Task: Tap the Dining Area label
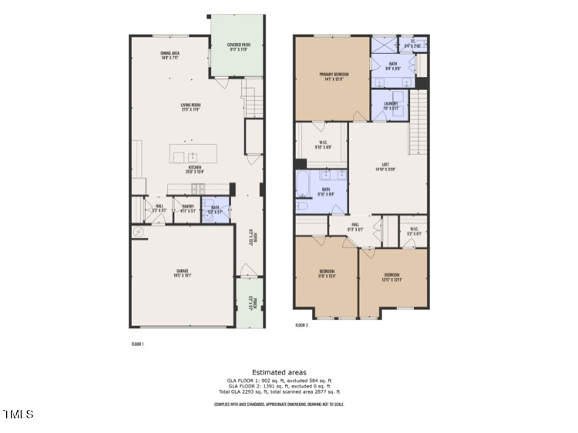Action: [170, 55]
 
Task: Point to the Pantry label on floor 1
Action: [187, 207]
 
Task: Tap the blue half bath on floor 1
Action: [215, 210]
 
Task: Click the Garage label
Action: [181, 273]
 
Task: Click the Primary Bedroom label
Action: [334, 76]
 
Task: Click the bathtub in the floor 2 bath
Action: [303, 186]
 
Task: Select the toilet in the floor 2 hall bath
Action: [302, 206]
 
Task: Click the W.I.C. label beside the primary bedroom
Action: [323, 143]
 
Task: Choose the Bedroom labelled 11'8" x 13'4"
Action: [326, 274]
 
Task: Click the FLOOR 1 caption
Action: [137, 344]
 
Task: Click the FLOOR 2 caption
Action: [301, 326]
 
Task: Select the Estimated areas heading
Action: [278, 371]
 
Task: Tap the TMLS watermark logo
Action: [18, 415]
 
